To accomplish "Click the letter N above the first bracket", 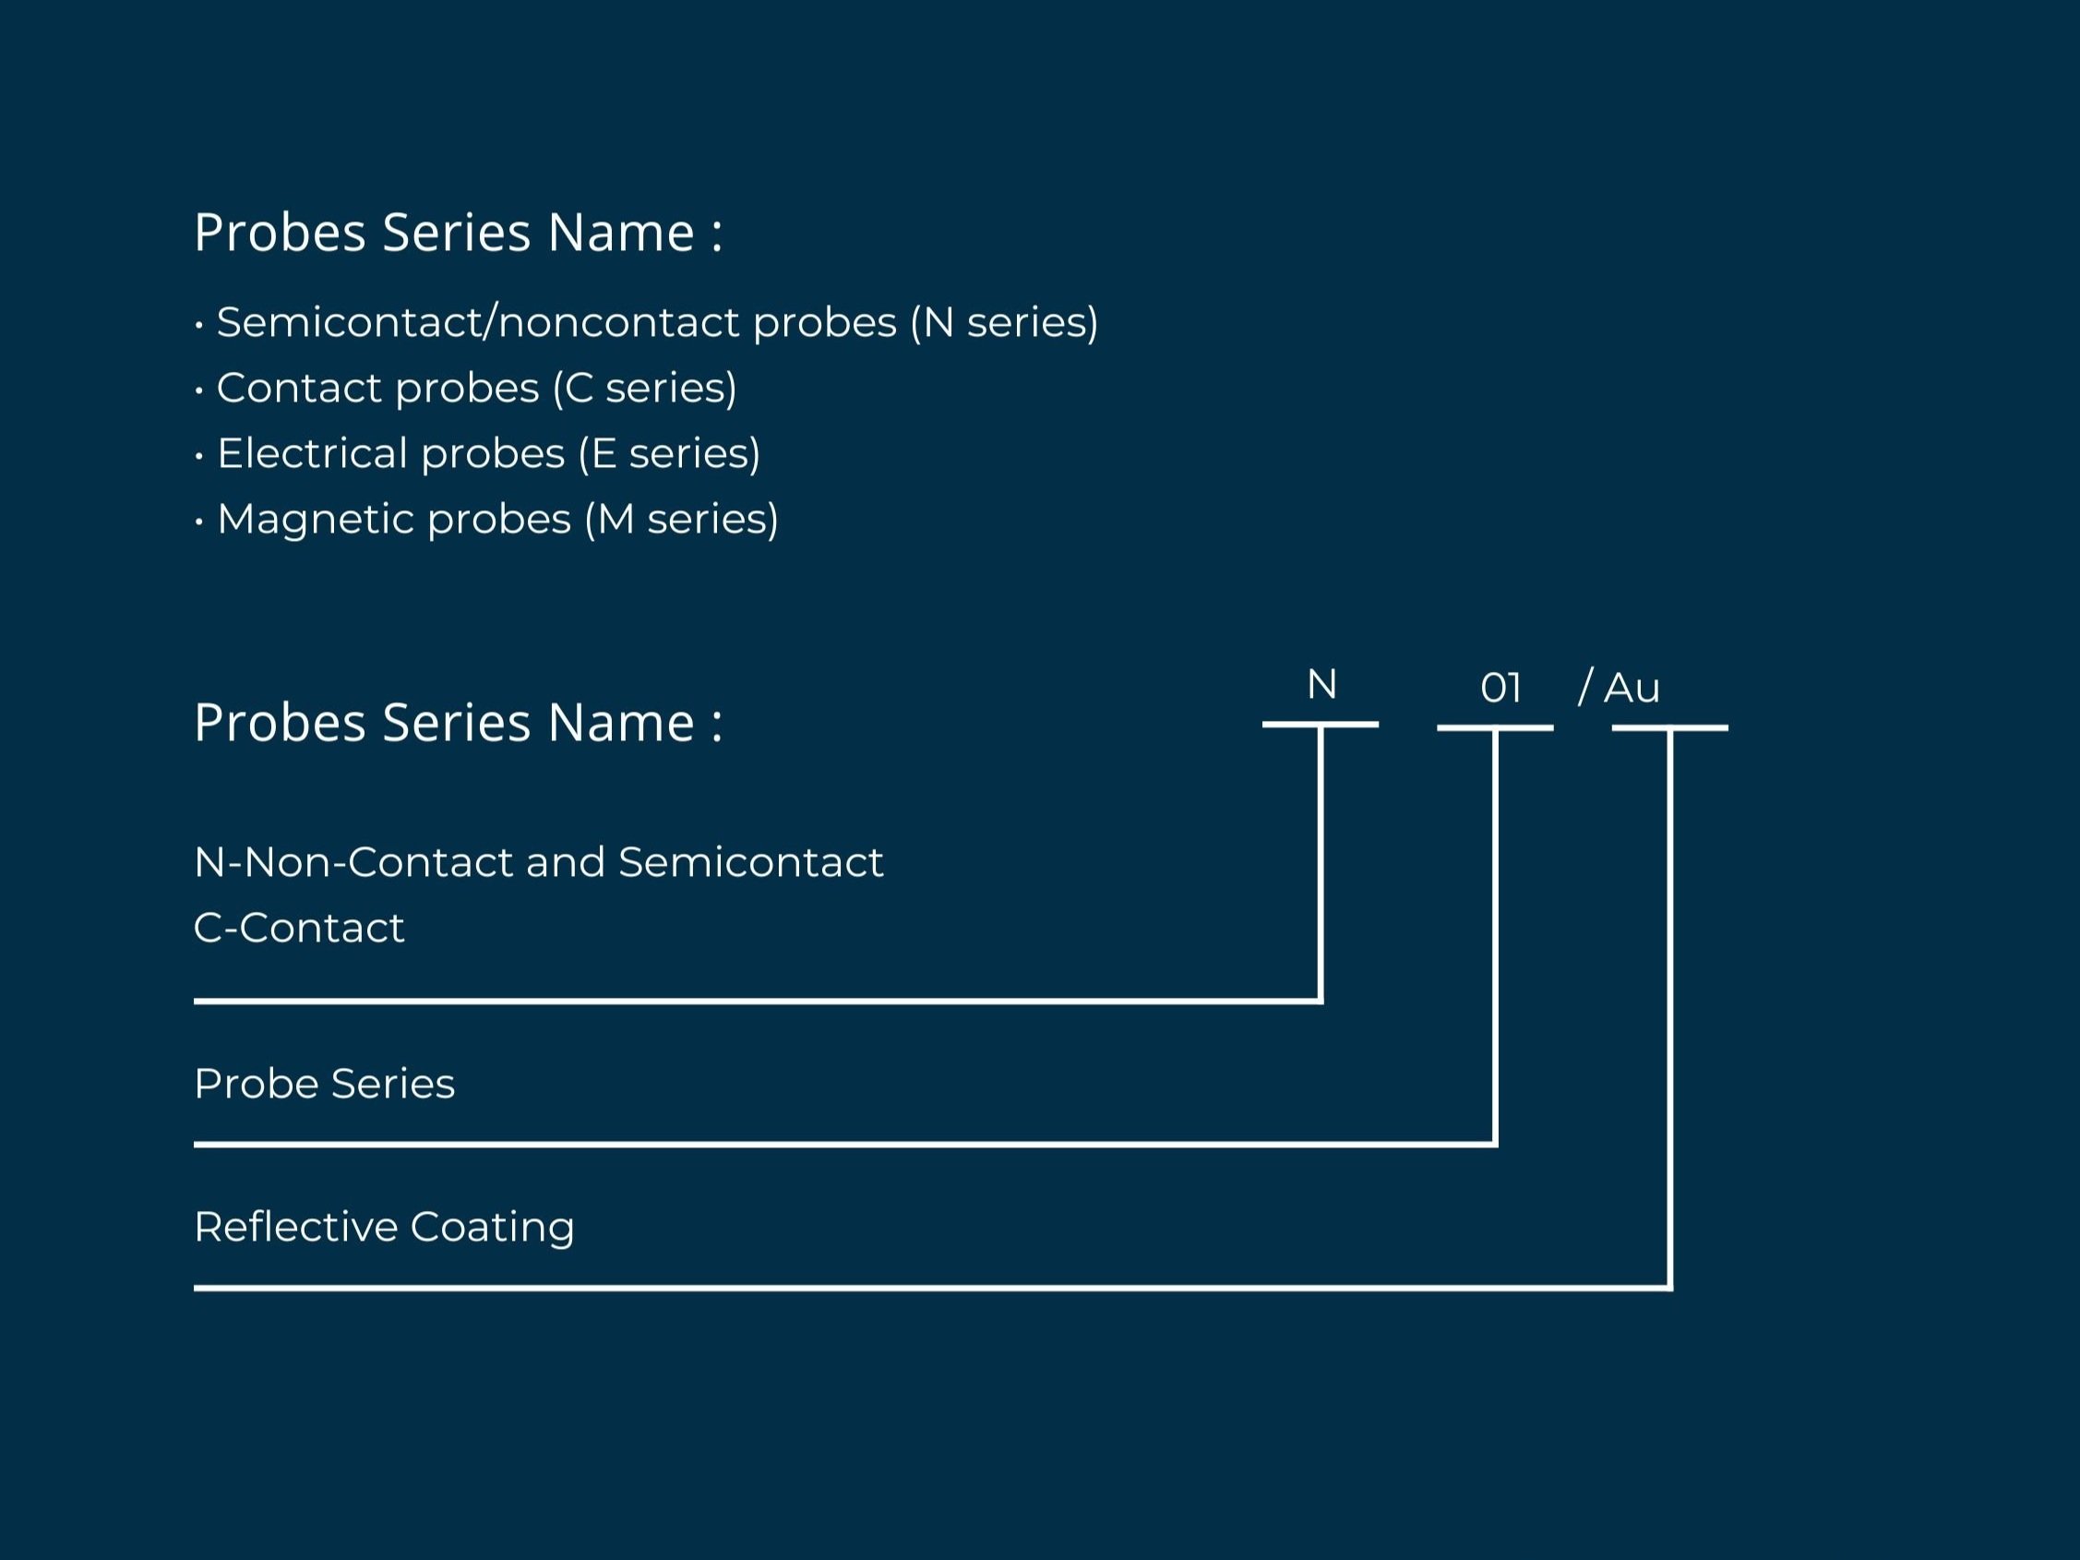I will click(x=1321, y=685).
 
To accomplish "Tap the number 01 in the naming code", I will click(x=1500, y=689).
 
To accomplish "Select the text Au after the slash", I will click(x=1632, y=689).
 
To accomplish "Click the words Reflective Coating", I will click(x=384, y=1227).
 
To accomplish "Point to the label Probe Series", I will click(x=325, y=1084).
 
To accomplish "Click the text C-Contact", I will click(x=299, y=928).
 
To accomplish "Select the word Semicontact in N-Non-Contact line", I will click(x=750, y=862).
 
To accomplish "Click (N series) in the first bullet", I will click(x=1003, y=322).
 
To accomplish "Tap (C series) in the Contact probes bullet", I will click(x=644, y=389).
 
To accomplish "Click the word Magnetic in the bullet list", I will click(x=315, y=519).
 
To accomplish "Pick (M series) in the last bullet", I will click(x=681, y=519).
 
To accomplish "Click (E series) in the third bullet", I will click(x=668, y=453).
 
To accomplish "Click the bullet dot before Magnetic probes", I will click(x=199, y=521).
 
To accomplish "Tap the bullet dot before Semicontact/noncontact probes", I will click(x=199, y=324).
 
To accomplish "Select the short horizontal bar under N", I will click(x=1321, y=724).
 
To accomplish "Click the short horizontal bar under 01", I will click(x=1495, y=727).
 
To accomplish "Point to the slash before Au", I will click(x=1585, y=687).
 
